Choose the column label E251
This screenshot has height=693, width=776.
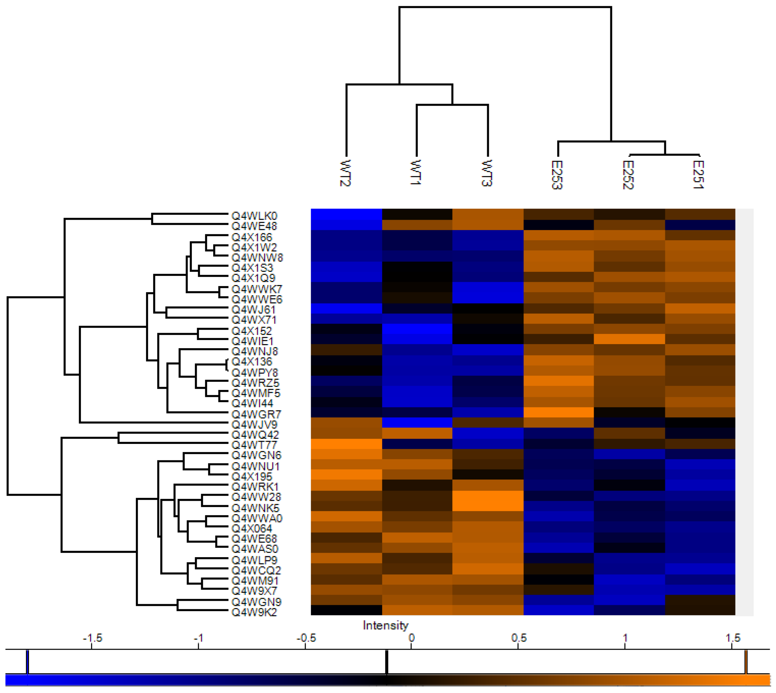click(699, 174)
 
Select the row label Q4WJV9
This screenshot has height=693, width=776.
click(254, 425)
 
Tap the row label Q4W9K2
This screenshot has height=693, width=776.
click(254, 612)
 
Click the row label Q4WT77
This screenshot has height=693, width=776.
click(254, 445)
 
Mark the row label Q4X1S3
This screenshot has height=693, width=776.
click(252, 268)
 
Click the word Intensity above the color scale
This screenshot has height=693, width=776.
click(385, 626)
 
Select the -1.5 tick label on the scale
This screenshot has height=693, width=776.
click(92, 638)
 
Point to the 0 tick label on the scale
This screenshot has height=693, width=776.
click(412, 638)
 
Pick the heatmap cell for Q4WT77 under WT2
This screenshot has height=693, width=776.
click(346, 444)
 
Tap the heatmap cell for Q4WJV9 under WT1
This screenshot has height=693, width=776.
click(417, 423)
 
